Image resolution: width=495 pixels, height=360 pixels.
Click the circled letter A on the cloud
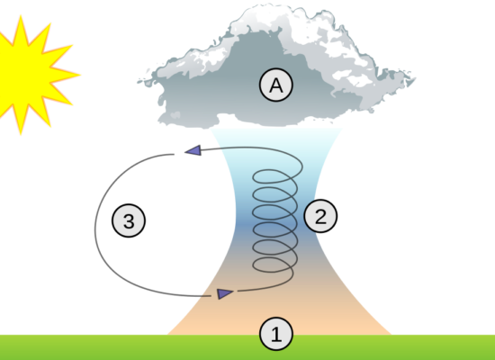(276, 85)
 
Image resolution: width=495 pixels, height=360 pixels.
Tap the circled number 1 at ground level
(276, 334)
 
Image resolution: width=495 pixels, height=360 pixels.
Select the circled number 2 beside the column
(320, 216)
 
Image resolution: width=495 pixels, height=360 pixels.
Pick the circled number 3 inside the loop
(129, 220)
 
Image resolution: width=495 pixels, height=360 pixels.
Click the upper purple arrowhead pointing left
(193, 150)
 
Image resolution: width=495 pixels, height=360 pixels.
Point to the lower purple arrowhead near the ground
(225, 293)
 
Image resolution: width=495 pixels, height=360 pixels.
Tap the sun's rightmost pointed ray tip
(80, 75)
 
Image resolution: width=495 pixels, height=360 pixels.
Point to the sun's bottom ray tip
(21, 135)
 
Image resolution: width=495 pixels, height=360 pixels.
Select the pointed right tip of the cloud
(415, 77)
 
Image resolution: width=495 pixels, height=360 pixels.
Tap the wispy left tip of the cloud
(139, 82)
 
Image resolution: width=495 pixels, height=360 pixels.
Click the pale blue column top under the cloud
(276, 139)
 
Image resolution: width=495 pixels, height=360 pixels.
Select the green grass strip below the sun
(63, 347)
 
